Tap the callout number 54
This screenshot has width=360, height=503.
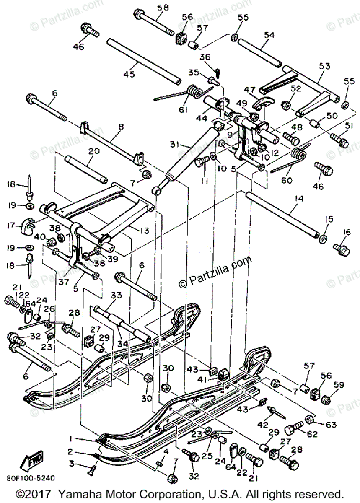click(x=269, y=35)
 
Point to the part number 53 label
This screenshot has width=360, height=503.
click(x=324, y=65)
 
